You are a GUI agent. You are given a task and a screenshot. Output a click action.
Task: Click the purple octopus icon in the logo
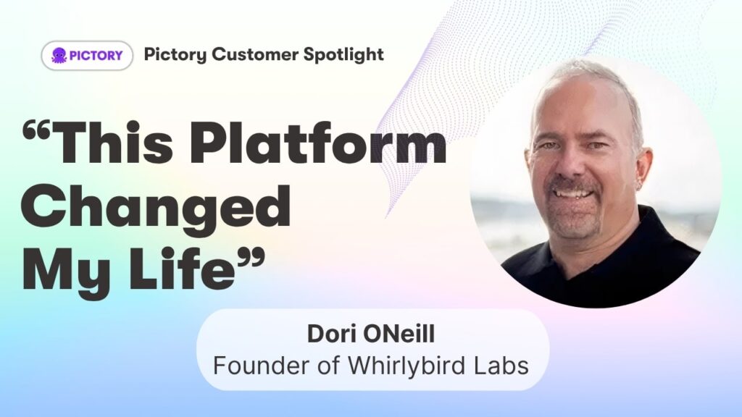(x=59, y=55)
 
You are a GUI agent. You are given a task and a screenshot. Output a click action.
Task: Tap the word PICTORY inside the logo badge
(x=96, y=55)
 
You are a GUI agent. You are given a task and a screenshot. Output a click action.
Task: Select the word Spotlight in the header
(x=343, y=54)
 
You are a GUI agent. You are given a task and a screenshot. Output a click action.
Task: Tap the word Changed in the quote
(x=156, y=206)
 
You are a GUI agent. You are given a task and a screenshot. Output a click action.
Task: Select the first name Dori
(x=330, y=334)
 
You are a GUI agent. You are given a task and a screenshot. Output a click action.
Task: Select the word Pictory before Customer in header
(x=175, y=55)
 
